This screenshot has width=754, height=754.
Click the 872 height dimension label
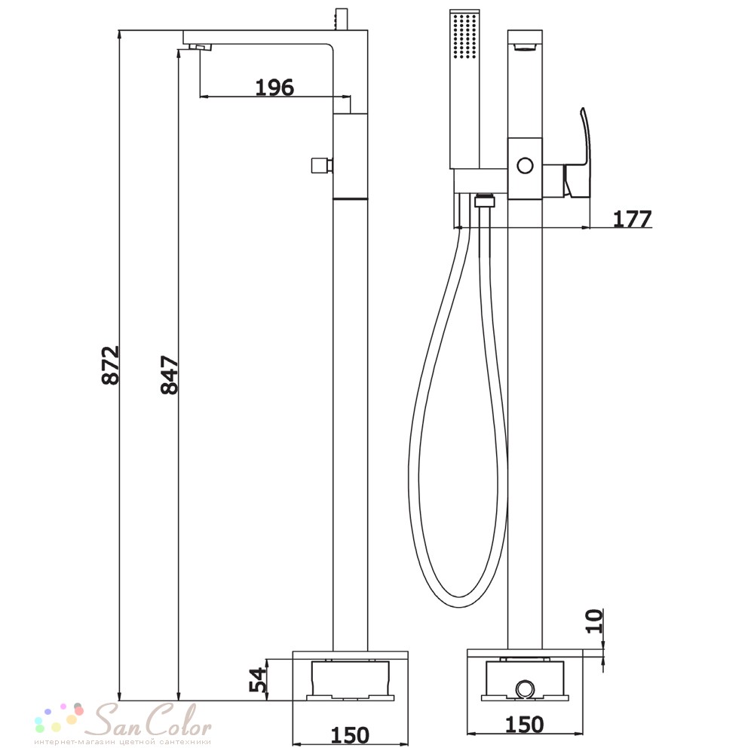pos(111,365)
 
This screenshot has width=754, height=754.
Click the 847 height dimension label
pos(170,375)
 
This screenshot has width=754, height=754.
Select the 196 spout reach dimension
pos(274,87)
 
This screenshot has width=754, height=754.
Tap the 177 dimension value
pos(633,219)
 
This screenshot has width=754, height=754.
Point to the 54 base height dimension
pos(258,679)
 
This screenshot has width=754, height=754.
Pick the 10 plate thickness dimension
pos(594,621)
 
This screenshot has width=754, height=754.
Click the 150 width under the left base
pos(350,734)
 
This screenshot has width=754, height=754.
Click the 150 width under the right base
pos(525,724)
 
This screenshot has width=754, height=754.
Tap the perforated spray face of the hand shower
pos(464,35)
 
